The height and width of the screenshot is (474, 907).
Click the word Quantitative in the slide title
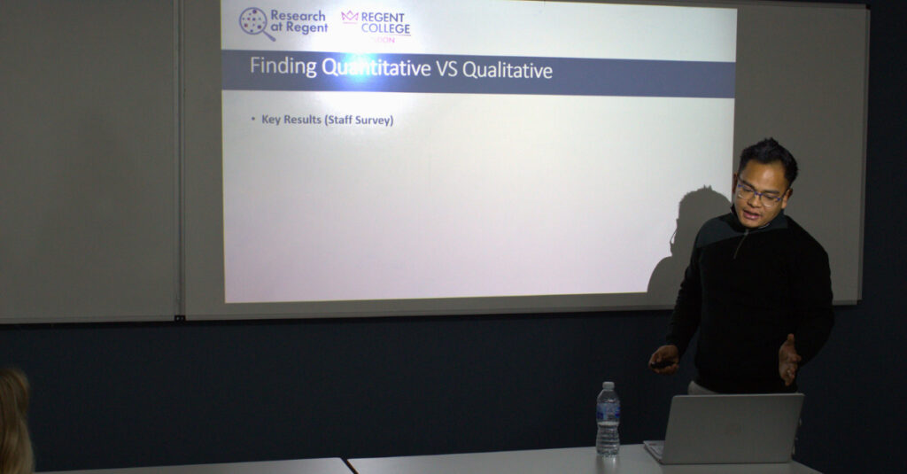click(376, 68)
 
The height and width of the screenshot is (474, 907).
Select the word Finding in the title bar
click(282, 67)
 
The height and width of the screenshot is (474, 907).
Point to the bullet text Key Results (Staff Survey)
click(327, 120)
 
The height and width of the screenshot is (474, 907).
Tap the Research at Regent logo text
click(298, 22)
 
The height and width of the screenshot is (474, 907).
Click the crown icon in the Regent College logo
click(350, 17)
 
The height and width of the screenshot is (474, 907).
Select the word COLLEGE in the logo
click(385, 29)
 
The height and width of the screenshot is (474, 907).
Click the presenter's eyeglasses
click(758, 192)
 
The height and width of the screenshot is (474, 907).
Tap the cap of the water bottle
click(607, 386)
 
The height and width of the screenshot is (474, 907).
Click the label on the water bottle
click(608, 414)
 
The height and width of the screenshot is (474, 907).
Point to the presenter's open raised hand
click(787, 359)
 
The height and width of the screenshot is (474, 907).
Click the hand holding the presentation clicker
click(663, 358)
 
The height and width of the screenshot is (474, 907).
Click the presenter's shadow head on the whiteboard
click(700, 213)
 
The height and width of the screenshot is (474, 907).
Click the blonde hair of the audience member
click(14, 416)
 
